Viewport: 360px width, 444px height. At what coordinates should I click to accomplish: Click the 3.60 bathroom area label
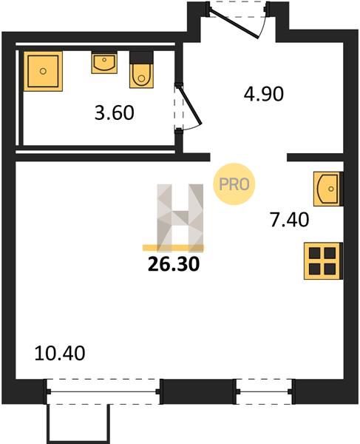coord(115,112)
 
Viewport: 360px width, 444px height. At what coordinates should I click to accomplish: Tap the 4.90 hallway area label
coord(264,94)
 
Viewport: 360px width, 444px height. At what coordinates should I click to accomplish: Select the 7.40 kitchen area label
coord(290,220)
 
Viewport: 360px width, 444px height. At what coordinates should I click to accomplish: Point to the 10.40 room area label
coord(60,353)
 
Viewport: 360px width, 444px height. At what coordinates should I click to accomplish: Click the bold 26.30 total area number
coord(174,264)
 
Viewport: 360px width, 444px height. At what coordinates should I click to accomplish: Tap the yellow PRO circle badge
coord(234,184)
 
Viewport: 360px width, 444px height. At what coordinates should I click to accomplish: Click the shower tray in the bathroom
coord(43,71)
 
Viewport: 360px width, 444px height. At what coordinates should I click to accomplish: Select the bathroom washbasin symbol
coord(104,62)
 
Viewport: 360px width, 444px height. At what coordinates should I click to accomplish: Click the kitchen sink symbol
coord(327,189)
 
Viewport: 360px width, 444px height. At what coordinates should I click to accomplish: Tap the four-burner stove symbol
coord(322,260)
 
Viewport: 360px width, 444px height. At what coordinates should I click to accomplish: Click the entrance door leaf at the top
coord(234,24)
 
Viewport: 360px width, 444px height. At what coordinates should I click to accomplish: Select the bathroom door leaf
coord(189,105)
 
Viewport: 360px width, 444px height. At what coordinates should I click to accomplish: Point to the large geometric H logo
coord(180,218)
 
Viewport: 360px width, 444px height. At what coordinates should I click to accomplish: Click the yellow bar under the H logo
coord(173,248)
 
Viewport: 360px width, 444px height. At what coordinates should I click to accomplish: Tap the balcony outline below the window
coord(78,424)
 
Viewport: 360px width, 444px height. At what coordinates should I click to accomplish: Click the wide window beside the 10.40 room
coord(103,392)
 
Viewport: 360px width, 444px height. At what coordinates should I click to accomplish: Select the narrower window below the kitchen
coord(265,392)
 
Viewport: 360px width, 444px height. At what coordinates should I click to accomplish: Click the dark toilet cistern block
coord(141,58)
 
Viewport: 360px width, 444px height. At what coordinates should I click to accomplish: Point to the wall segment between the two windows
coord(198,392)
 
